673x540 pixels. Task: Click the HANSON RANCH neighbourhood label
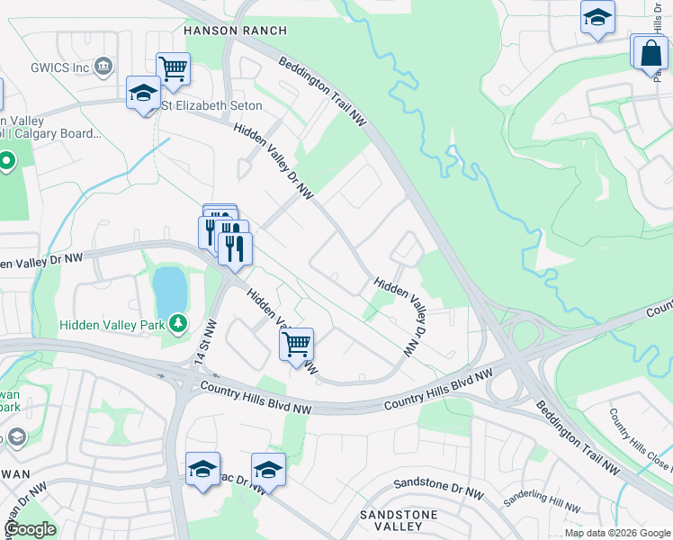[x=235, y=31]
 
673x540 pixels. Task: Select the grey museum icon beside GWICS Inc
[x=104, y=66]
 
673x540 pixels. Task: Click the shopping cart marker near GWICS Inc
[x=173, y=67]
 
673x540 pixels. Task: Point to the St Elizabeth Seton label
[x=212, y=105]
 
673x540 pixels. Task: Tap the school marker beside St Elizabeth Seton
[x=142, y=94]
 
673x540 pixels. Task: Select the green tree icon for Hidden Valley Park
[x=179, y=322]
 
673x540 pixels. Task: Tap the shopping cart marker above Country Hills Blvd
[x=296, y=344]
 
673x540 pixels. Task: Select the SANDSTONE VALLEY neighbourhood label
[x=399, y=520]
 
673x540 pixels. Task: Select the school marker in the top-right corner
[x=597, y=18]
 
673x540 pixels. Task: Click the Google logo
[x=29, y=529]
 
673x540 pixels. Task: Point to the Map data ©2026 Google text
[x=617, y=533]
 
